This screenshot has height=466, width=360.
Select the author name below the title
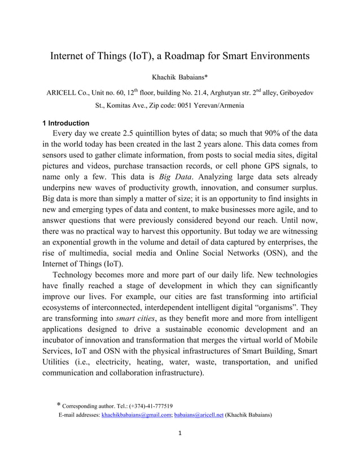click(x=180, y=76)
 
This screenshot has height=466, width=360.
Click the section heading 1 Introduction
click(x=66, y=123)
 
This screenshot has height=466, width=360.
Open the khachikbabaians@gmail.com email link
click(x=137, y=415)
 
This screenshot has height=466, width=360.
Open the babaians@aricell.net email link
click(x=199, y=415)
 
